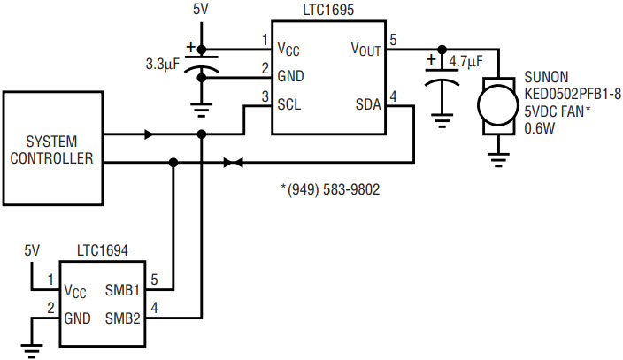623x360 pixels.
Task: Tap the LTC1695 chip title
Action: (x=328, y=10)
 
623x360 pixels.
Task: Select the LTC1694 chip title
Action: (x=103, y=250)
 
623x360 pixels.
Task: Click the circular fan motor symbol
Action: (x=498, y=105)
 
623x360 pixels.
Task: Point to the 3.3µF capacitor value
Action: (x=163, y=64)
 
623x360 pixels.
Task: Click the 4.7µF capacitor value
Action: (x=465, y=62)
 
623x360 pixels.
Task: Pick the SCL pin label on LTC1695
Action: (x=289, y=104)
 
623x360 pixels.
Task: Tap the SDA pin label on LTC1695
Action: (x=368, y=104)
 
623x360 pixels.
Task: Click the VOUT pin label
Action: (x=366, y=49)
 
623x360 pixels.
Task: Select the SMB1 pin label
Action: (x=122, y=290)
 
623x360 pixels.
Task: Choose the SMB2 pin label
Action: (x=123, y=318)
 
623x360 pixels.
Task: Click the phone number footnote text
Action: (x=330, y=189)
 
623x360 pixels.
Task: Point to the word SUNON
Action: (x=546, y=77)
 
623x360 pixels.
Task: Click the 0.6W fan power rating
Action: (x=539, y=128)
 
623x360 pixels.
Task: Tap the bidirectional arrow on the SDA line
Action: (x=234, y=163)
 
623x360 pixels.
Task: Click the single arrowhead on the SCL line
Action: (x=149, y=134)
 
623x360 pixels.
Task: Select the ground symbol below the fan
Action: (x=498, y=160)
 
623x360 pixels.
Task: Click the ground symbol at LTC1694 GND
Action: (x=32, y=350)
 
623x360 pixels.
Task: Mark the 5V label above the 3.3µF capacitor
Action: (x=201, y=10)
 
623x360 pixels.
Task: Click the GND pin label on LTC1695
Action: (x=290, y=76)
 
